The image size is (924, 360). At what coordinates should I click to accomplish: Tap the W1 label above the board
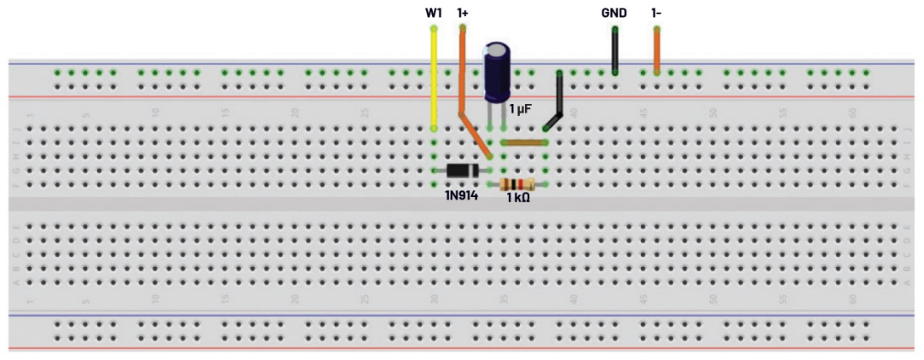(433, 14)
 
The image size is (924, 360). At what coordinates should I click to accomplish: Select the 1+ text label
(462, 14)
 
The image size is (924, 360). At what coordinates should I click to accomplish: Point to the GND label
(613, 14)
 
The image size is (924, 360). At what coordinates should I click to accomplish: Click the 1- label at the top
(657, 14)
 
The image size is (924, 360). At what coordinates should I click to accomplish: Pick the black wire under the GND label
(615, 51)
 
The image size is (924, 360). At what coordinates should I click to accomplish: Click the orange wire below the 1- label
(657, 51)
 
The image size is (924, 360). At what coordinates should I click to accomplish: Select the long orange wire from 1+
(462, 76)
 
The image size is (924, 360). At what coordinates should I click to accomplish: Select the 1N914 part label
(461, 197)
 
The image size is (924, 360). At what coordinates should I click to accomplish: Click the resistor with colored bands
(517, 184)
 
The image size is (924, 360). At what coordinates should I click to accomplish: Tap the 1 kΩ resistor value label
(518, 198)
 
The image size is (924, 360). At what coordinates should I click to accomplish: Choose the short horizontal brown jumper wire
(524, 143)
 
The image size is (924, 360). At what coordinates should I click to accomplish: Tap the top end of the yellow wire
(434, 30)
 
